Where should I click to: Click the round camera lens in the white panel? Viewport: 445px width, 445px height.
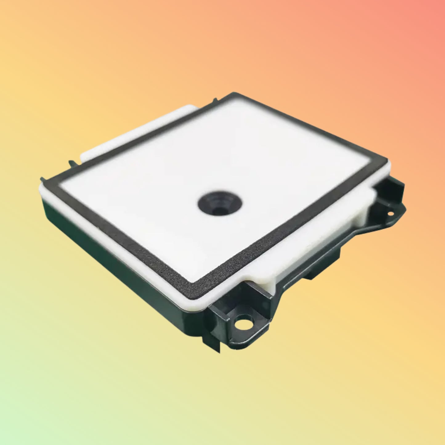220,204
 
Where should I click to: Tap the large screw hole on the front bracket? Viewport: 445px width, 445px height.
242,323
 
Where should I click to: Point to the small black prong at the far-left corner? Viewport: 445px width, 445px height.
42,179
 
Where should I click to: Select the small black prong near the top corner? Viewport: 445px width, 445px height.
215,100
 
